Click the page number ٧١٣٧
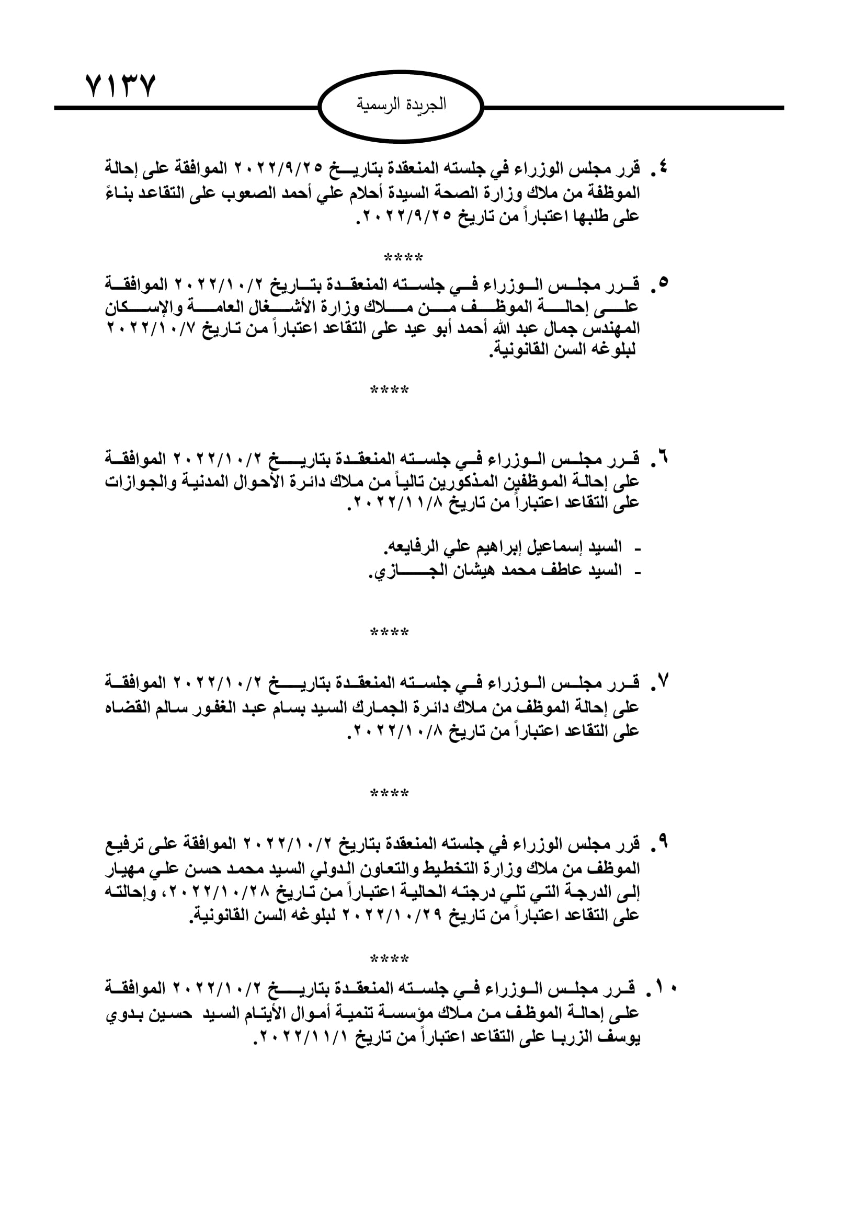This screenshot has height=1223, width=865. [120, 86]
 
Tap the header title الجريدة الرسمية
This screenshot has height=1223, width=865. [401, 105]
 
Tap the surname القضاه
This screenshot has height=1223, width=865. [128, 708]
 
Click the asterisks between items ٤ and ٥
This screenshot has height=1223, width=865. [403, 258]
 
